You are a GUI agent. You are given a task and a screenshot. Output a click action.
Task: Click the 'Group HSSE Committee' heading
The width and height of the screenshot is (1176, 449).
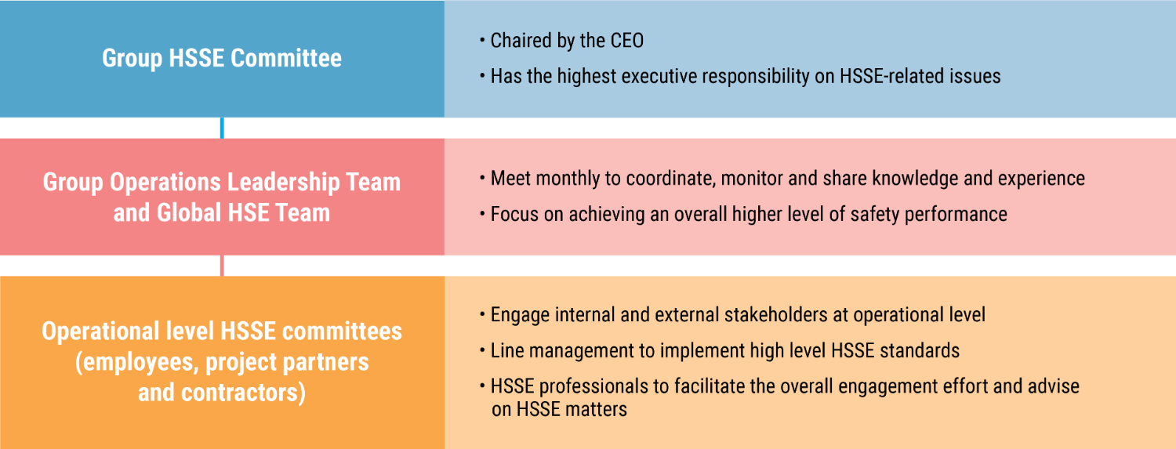click(x=222, y=58)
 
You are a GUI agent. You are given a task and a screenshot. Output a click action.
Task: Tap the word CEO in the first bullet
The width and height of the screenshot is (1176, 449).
click(x=627, y=41)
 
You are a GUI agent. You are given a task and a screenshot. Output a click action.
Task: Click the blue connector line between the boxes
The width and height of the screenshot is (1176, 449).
click(x=222, y=128)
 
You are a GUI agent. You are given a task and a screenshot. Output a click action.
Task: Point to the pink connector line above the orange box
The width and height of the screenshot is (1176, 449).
click(x=222, y=266)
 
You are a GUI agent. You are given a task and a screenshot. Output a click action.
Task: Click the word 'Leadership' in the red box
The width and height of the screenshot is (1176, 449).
click(x=283, y=183)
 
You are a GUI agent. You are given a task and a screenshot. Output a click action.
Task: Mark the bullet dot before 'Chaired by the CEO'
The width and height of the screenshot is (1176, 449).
click(x=482, y=41)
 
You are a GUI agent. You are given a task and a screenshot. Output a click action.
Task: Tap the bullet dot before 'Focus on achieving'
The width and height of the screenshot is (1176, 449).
click(x=482, y=214)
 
